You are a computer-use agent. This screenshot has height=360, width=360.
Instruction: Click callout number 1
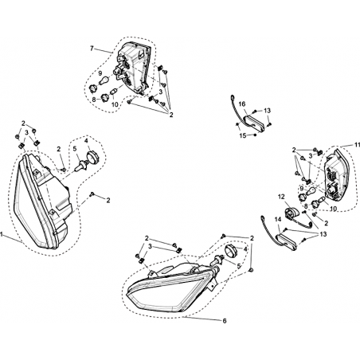2,234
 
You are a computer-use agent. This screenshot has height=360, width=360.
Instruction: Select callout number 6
225,321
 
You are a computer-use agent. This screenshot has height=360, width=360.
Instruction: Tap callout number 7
92,48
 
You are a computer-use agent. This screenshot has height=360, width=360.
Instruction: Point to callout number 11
357,145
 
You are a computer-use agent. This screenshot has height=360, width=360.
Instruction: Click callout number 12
281,197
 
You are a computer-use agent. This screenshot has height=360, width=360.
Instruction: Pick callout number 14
278,219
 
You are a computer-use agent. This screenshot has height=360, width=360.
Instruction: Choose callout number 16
242,104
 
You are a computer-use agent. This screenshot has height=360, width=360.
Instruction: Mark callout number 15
243,135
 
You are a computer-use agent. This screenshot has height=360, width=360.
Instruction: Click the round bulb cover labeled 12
292,214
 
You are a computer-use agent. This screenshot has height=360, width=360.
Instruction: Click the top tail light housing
134,68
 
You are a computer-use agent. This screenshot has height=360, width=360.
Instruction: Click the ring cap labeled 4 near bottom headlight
230,251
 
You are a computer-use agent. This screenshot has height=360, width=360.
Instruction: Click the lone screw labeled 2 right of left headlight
92,194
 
